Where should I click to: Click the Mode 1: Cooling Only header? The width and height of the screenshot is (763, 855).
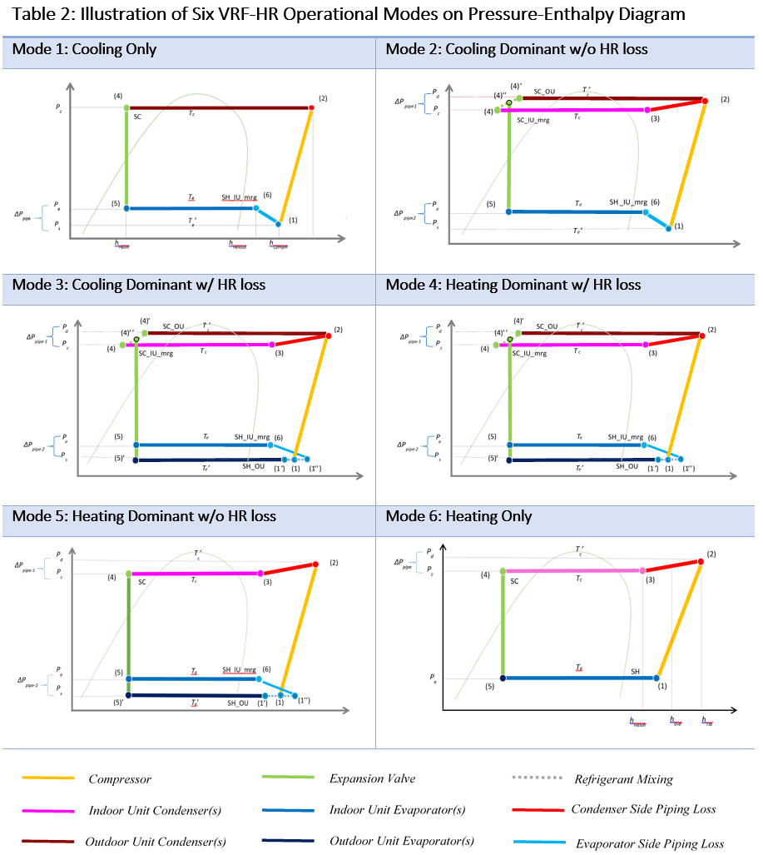[x=84, y=50]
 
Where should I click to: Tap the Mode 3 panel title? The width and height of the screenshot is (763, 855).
[x=139, y=285]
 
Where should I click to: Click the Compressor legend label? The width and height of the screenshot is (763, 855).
[x=120, y=780]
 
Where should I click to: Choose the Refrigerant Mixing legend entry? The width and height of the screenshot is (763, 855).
[x=623, y=780]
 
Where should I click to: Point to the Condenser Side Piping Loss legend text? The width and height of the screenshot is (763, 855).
[x=643, y=809]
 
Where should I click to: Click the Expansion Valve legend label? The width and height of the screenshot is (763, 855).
[x=372, y=779]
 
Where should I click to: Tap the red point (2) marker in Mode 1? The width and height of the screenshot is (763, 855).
[x=312, y=107]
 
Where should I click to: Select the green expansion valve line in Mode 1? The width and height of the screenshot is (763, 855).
[x=126, y=158]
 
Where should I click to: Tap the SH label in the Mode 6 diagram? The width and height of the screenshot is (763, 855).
[x=636, y=670]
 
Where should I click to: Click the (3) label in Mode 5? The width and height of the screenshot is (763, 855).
[x=267, y=583]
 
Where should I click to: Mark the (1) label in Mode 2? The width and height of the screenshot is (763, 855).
[x=678, y=226]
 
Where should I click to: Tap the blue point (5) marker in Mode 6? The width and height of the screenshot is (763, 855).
[x=503, y=679]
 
